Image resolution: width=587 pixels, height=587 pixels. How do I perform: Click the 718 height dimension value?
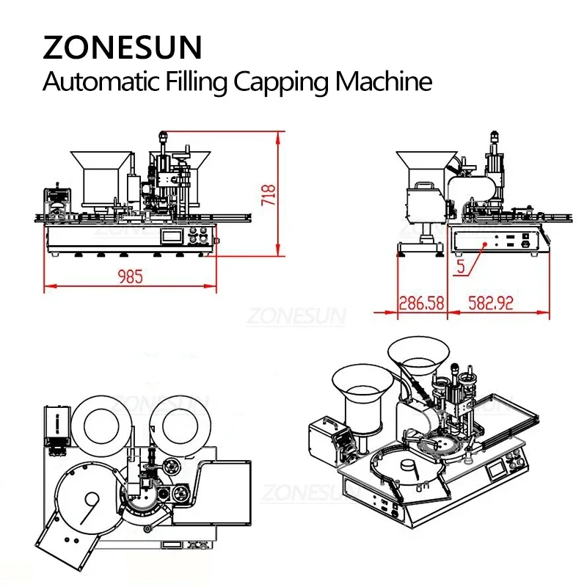tap(269, 194)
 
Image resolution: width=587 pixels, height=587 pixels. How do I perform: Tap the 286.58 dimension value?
tap(421, 302)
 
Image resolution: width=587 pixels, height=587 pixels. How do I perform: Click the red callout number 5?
tap(460, 268)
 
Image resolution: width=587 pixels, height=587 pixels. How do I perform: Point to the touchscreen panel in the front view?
tap(172, 236)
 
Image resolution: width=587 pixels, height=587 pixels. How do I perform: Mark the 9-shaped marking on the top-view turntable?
tap(94, 508)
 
